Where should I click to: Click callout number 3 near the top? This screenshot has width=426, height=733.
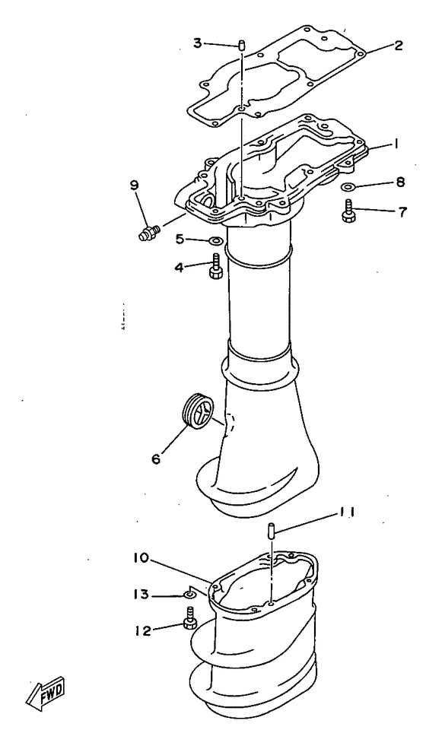click(x=196, y=43)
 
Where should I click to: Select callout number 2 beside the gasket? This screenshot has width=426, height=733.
click(x=398, y=45)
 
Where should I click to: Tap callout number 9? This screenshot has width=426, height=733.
click(x=133, y=185)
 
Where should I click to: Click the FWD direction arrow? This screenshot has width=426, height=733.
click(x=47, y=691)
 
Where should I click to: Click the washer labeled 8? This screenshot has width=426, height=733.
click(x=346, y=186)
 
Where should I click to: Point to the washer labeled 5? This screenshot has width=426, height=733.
click(x=215, y=243)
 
